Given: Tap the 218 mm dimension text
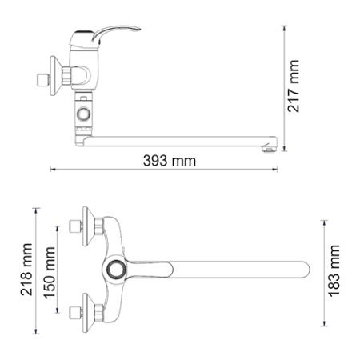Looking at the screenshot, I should (26, 269).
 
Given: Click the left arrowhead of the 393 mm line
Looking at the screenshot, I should (53, 170).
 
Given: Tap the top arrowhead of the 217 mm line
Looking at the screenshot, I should (286, 27).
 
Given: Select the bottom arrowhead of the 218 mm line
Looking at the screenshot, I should (36, 330).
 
